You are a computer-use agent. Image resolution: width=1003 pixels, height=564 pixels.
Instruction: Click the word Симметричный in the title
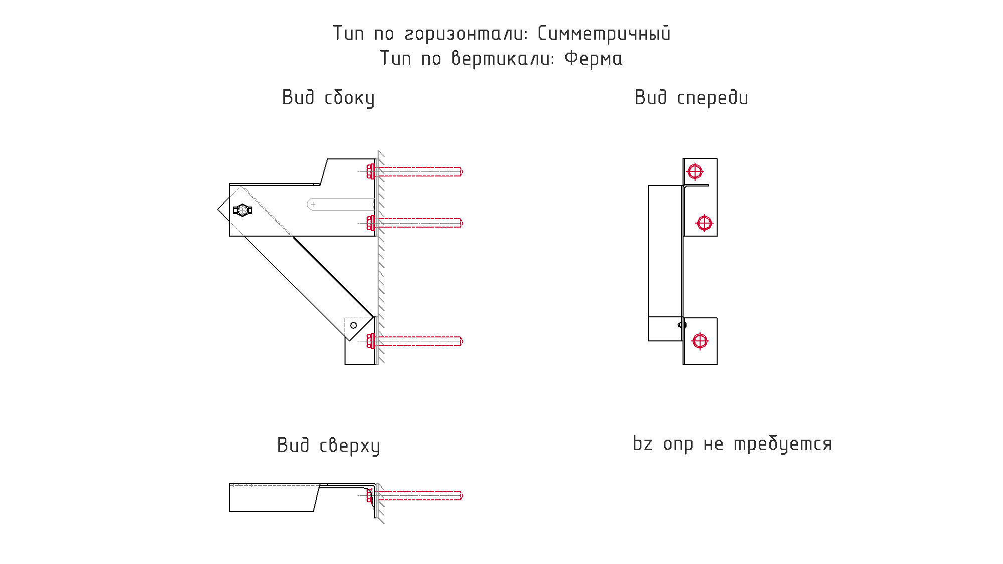pyautogui.click(x=604, y=34)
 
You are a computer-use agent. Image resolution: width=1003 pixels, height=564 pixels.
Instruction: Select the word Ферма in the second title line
pyautogui.click(x=593, y=59)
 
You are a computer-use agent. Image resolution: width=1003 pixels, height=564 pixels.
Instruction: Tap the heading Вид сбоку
pyautogui.click(x=328, y=98)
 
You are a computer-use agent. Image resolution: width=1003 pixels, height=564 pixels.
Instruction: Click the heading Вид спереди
pyautogui.click(x=691, y=98)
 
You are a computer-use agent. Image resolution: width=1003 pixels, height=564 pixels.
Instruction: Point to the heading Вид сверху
pyautogui.click(x=328, y=446)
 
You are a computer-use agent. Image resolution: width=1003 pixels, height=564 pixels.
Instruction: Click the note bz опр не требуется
pyautogui.click(x=732, y=444)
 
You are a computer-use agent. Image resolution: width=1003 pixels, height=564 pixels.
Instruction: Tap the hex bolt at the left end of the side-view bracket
pyautogui.click(x=242, y=210)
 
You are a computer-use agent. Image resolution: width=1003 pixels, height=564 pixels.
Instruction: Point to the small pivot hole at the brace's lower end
pyautogui.click(x=354, y=325)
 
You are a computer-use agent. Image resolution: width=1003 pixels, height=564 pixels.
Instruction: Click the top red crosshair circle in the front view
pyautogui.click(x=695, y=171)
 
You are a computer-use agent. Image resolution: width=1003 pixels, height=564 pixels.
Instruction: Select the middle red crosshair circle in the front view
pyautogui.click(x=704, y=223)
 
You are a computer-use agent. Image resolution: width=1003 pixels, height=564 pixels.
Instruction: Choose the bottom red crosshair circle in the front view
pyautogui.click(x=700, y=341)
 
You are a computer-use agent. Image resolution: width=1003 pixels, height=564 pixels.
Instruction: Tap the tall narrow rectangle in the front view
pyautogui.click(x=665, y=251)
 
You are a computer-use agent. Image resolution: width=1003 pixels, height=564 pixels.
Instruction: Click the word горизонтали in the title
pyautogui.click(x=466, y=34)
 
